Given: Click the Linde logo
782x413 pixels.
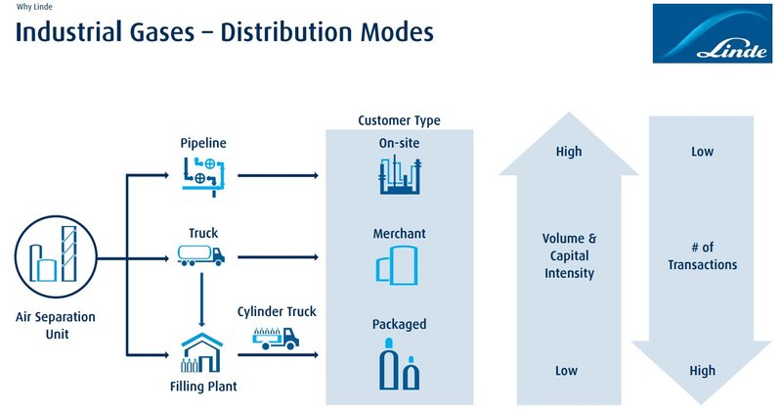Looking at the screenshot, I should click(x=711, y=33).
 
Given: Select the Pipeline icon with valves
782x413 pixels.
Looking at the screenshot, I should click(x=202, y=174).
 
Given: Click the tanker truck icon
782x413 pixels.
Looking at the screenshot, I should click(x=202, y=256).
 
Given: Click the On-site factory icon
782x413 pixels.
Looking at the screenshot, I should click(x=399, y=176).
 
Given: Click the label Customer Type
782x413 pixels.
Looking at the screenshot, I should click(x=399, y=120).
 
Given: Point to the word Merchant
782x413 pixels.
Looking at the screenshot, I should click(x=399, y=235).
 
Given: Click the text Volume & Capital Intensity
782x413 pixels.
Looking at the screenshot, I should click(x=568, y=255).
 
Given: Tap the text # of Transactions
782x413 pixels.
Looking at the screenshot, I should click(x=702, y=255).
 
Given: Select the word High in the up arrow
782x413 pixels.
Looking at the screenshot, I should click(x=568, y=152).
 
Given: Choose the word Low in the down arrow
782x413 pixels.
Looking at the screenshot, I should click(x=702, y=152).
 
